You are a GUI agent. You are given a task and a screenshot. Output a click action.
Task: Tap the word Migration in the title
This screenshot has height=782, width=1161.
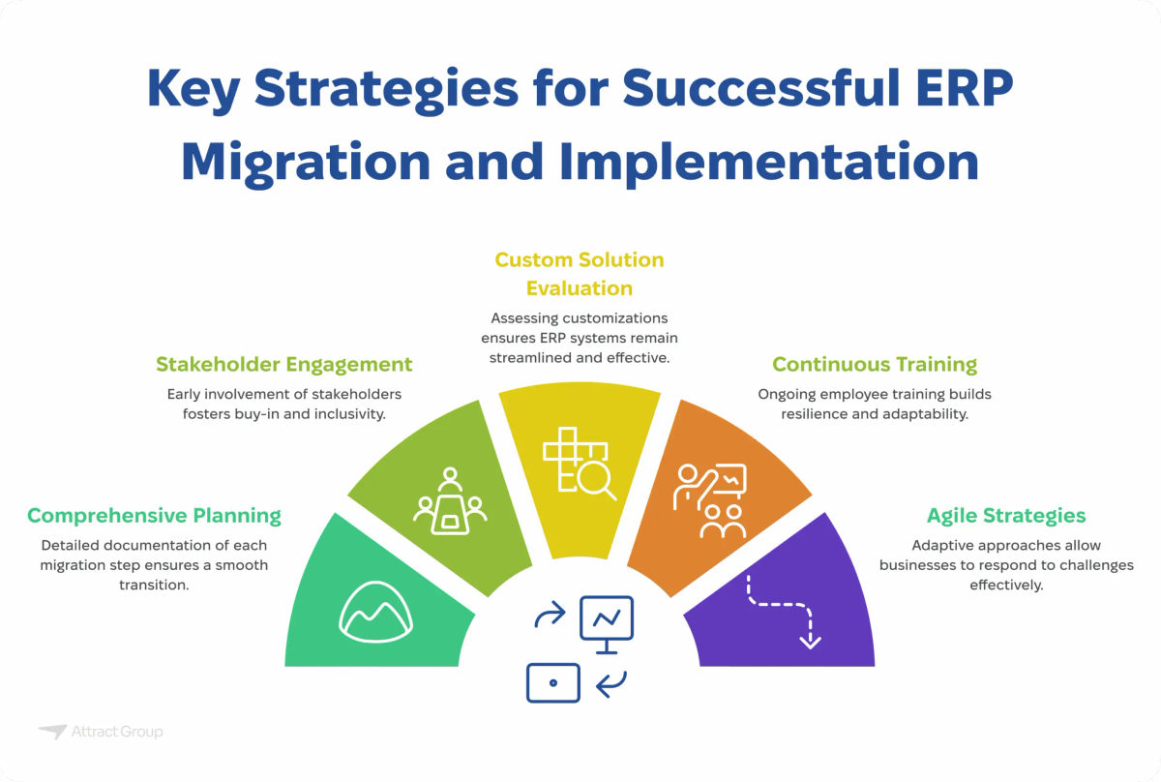tap(305, 161)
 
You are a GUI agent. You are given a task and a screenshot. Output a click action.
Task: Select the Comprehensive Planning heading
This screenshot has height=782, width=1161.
tap(154, 515)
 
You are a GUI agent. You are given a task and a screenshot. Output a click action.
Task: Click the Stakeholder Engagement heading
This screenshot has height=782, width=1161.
tap(284, 365)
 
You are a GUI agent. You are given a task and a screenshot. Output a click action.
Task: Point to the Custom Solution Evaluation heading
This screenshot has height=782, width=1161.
tap(580, 274)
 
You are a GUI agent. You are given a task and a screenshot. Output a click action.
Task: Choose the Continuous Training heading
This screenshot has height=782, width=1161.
tap(875, 365)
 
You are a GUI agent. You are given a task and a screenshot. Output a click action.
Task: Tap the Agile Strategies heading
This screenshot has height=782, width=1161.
tap(1006, 515)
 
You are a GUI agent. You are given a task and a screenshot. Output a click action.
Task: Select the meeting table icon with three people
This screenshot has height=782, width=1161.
tap(450, 503)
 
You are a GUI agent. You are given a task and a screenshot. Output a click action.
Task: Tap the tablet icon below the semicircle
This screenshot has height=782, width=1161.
tap(553, 682)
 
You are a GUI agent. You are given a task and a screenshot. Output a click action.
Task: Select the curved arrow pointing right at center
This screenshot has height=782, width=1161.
tap(550, 616)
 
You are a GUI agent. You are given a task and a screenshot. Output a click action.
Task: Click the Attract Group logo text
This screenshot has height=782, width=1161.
tap(116, 732)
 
